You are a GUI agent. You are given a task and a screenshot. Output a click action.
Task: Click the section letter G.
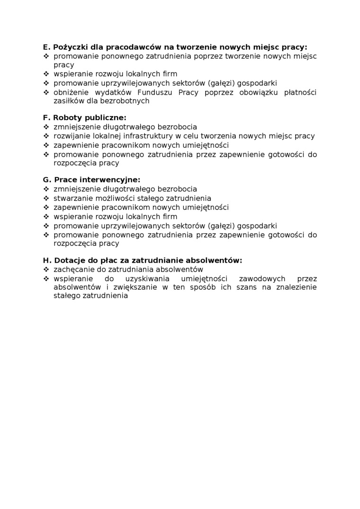point(46,180)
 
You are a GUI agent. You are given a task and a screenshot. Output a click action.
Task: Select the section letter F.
point(45,117)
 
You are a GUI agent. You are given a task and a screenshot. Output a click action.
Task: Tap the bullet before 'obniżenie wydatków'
point(46,92)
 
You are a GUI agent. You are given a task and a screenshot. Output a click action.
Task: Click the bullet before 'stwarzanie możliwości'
point(46,198)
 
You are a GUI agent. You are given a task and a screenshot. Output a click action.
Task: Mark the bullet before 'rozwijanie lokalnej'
point(46,136)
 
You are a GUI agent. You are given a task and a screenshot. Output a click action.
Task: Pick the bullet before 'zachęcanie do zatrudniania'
point(46,269)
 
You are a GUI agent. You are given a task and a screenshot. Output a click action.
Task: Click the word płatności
point(300,92)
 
